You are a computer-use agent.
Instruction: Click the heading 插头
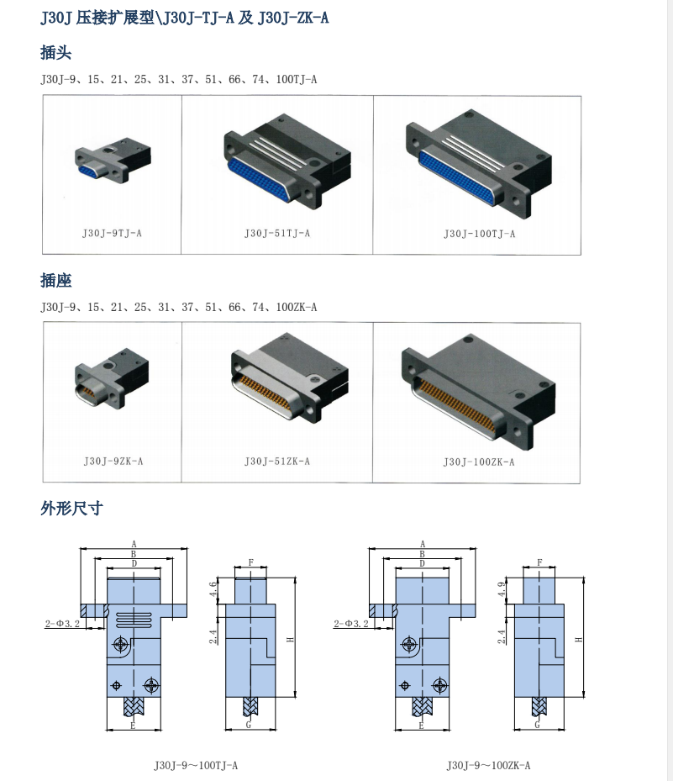click(x=56, y=53)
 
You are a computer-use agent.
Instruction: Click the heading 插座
click(x=56, y=281)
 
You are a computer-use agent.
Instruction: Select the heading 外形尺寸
click(x=71, y=508)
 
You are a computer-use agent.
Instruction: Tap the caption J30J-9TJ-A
click(x=112, y=233)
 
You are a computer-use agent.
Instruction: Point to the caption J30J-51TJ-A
click(x=277, y=233)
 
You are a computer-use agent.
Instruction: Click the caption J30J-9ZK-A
click(x=113, y=461)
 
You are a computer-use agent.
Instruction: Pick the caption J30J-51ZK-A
click(x=277, y=461)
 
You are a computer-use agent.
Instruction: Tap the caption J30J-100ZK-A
click(x=479, y=462)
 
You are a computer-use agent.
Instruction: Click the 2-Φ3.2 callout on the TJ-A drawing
click(x=61, y=624)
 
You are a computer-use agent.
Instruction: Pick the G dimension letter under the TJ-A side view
click(x=248, y=724)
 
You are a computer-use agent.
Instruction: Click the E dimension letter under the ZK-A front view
click(x=423, y=725)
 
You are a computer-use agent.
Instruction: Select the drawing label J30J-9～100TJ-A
click(x=196, y=765)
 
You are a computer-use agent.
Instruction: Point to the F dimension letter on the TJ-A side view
click(x=250, y=562)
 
